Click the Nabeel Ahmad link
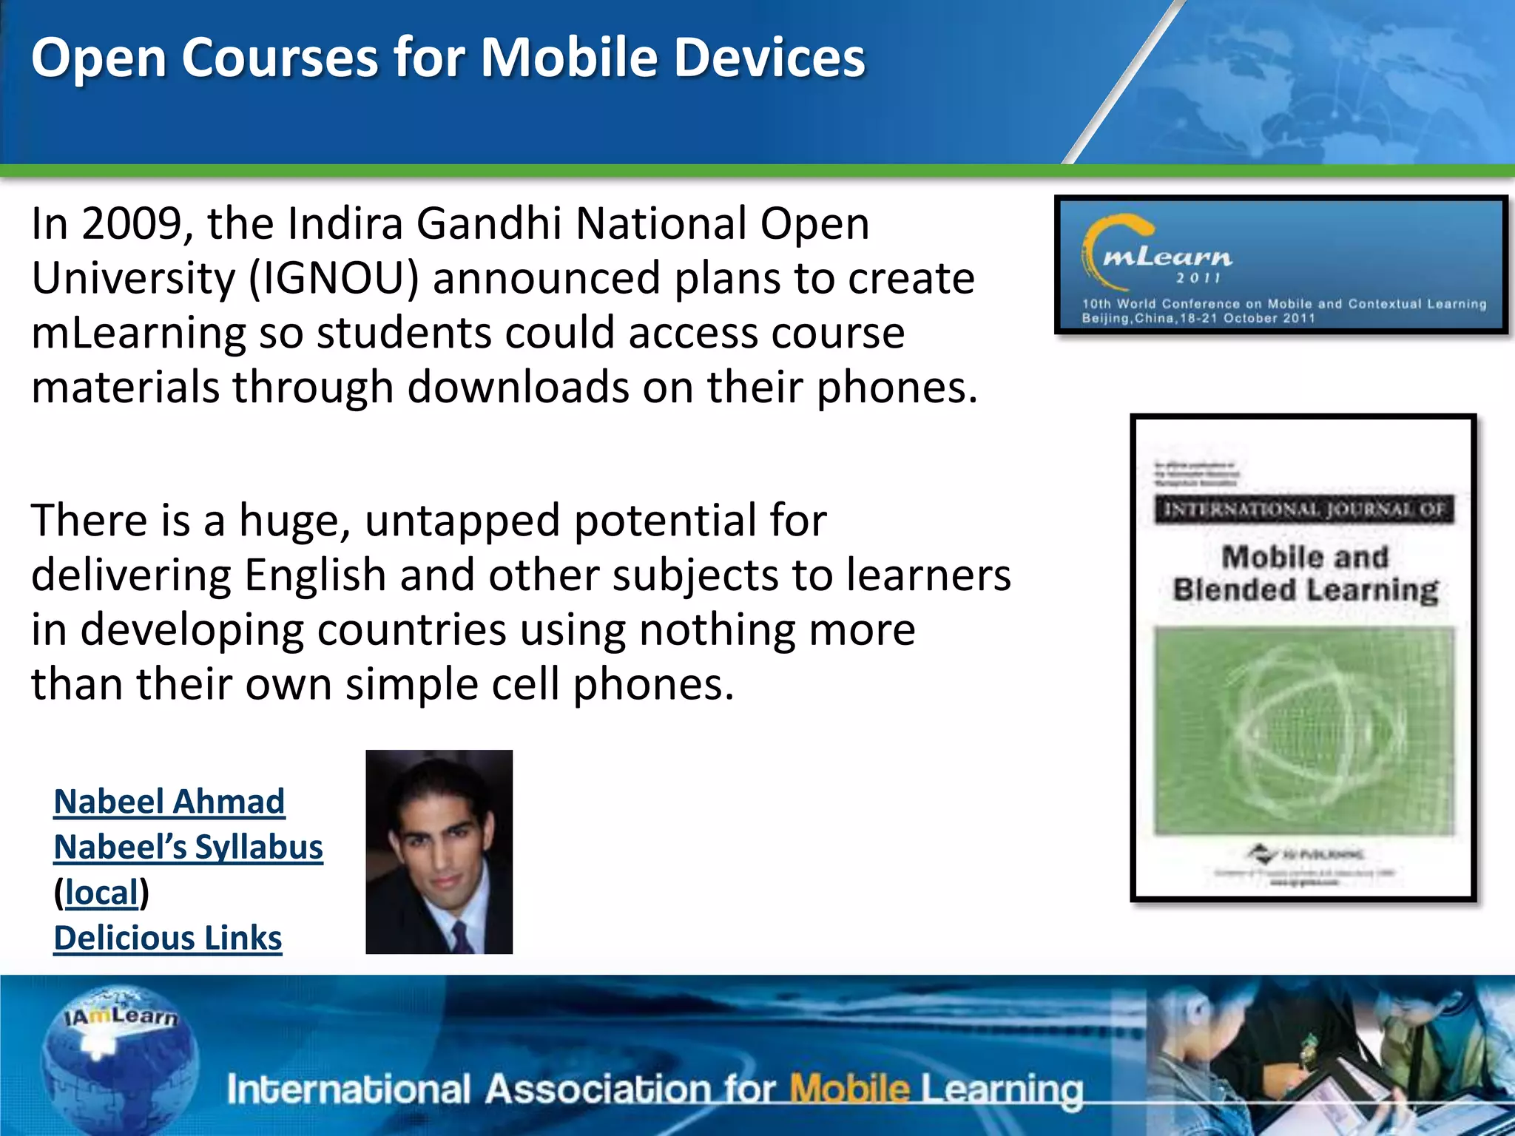(169, 802)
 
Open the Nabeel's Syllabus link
(188, 848)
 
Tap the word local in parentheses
(101, 893)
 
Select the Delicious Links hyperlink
(168, 939)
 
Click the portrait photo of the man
(439, 852)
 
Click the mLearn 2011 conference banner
(1281, 266)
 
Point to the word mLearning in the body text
(138, 333)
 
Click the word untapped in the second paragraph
(462, 521)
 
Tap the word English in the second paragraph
(315, 575)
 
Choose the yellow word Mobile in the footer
(849, 1089)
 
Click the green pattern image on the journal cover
(1304, 731)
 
